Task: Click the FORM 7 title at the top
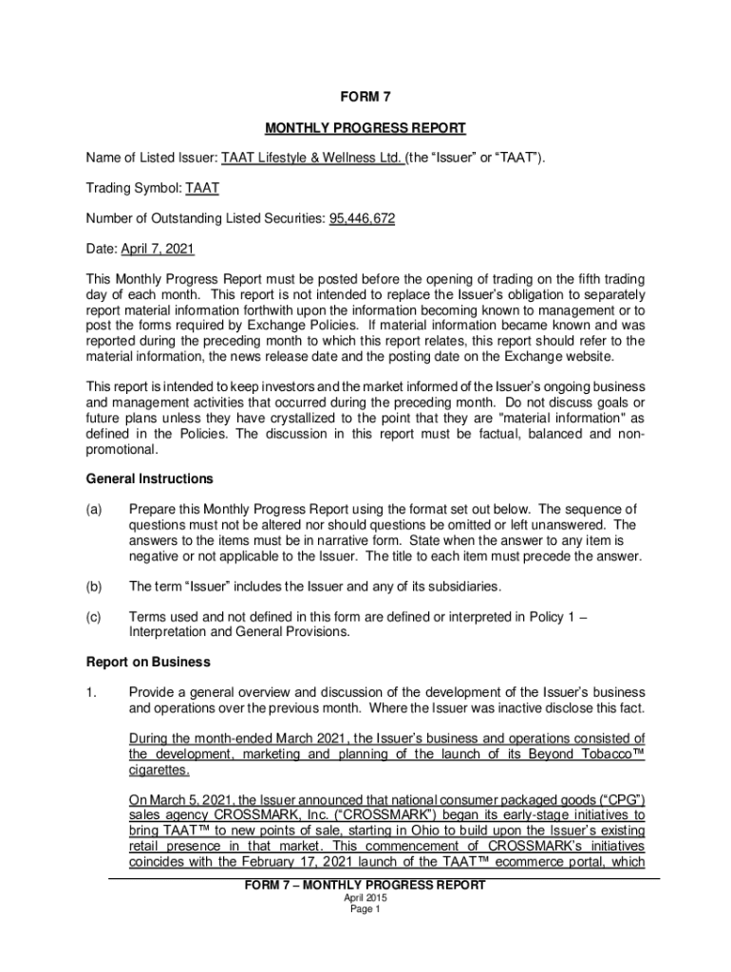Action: pos(365,97)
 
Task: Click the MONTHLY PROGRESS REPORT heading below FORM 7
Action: pos(365,127)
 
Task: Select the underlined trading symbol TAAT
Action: pos(202,188)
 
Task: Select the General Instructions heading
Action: pos(150,478)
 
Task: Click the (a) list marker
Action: pos(94,509)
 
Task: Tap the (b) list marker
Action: pos(94,585)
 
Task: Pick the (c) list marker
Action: pos(94,616)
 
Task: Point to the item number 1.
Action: pos(91,692)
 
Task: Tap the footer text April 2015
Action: pos(365,897)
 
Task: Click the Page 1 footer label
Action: pos(365,908)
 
